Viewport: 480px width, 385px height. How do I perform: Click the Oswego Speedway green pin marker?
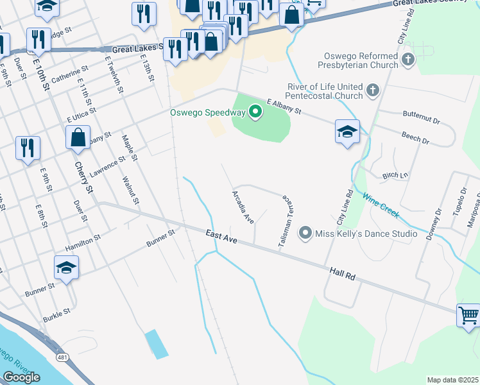coord(255,112)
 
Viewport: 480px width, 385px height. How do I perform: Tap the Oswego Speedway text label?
coord(207,113)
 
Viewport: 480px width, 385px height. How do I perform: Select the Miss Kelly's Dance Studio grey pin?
coord(305,234)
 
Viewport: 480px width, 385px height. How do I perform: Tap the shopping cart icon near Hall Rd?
coord(468,315)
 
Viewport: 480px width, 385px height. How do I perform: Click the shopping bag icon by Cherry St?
coord(78,137)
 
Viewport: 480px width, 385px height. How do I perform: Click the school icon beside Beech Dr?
coord(347,132)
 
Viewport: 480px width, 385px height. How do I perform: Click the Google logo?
coord(21,377)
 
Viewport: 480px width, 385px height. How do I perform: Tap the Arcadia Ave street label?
coord(243,205)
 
